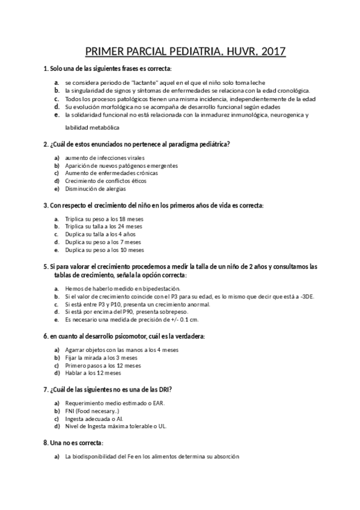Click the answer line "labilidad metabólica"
point(92,127)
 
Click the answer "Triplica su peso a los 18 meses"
point(103,219)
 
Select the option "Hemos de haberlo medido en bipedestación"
point(114,289)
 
